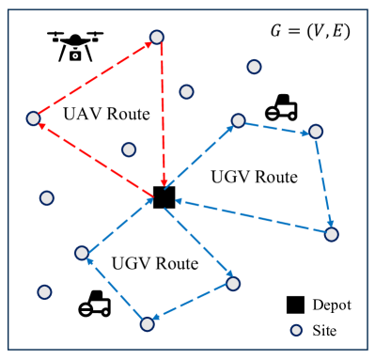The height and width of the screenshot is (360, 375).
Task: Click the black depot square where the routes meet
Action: pyautogui.click(x=162, y=199)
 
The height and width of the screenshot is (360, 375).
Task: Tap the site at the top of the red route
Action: pyautogui.click(x=157, y=39)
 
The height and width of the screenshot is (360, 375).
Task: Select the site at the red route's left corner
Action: pyautogui.click(x=34, y=118)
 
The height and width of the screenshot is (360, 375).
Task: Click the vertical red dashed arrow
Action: pyautogui.click(x=161, y=117)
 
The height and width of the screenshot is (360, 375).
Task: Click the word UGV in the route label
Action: pyautogui.click(x=129, y=264)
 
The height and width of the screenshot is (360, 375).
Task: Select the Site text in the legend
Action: pyautogui.click(x=324, y=331)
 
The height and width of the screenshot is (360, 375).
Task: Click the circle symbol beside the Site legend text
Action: pyautogui.click(x=296, y=330)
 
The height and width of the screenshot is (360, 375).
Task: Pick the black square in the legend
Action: pyautogui.click(x=295, y=305)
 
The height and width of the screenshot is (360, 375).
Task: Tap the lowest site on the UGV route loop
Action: pyautogui.click(x=147, y=324)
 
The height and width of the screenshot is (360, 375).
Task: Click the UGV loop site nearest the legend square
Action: pyautogui.click(x=233, y=283)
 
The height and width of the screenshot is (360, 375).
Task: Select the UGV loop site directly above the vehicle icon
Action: pyautogui.click(x=82, y=252)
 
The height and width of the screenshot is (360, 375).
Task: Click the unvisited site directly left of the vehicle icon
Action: pyautogui.click(x=43, y=292)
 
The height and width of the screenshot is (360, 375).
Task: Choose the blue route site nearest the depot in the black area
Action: pyautogui.click(x=238, y=120)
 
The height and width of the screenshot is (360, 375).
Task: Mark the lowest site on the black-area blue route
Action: pyautogui.click(x=331, y=233)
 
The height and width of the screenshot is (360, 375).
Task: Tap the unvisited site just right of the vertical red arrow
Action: pyautogui.click(x=187, y=91)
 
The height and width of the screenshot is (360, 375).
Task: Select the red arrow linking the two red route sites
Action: pyautogui.click(x=95, y=78)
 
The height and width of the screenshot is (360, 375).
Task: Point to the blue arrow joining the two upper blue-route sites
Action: pyautogui.click(x=277, y=126)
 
